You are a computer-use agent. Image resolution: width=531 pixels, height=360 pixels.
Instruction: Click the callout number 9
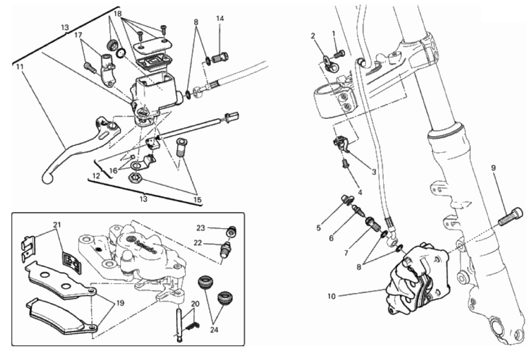pyautogui.click(x=493, y=168)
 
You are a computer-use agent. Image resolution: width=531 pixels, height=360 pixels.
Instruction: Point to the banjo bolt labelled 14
pyautogui.click(x=220, y=57)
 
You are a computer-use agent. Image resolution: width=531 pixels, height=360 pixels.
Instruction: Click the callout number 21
pyautogui.click(x=55, y=225)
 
